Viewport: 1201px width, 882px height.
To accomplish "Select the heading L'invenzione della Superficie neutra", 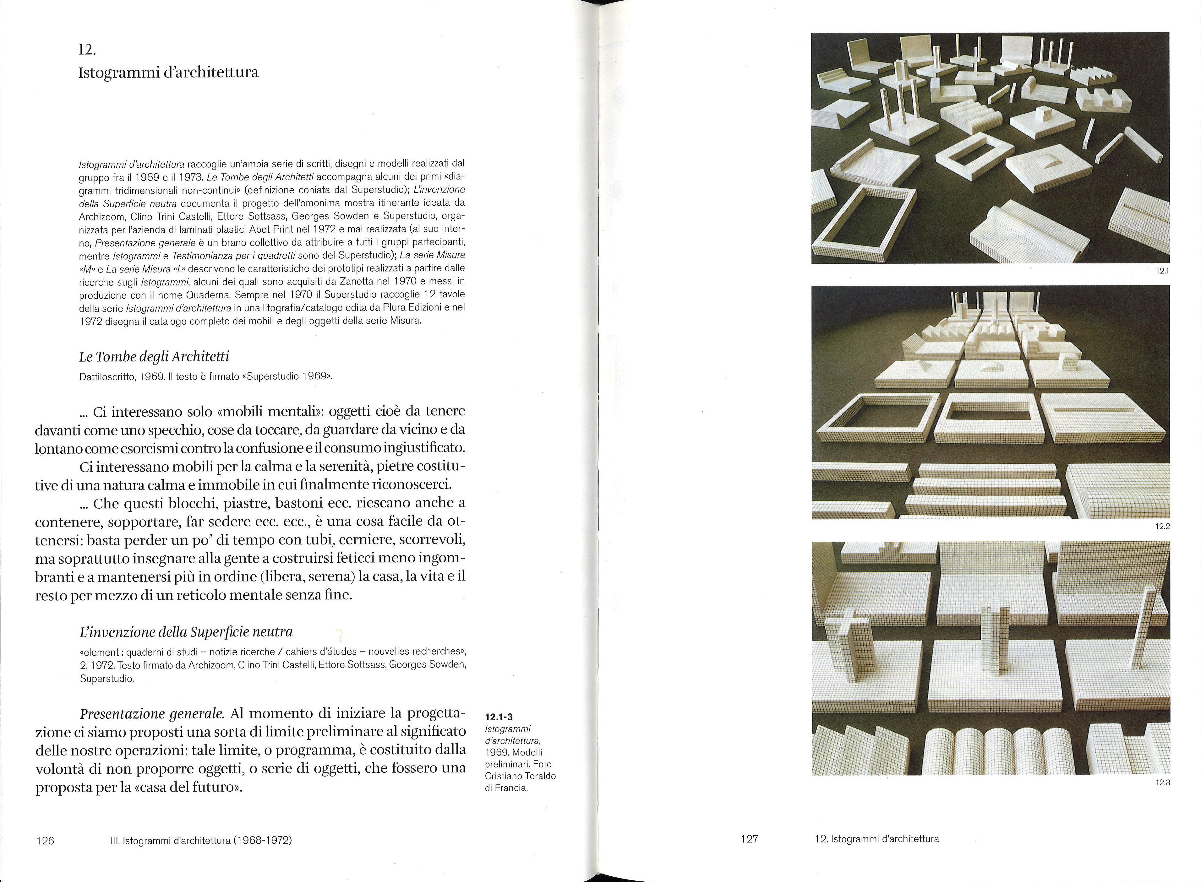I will pos(186,632).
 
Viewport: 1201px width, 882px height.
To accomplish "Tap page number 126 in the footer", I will pos(45,841).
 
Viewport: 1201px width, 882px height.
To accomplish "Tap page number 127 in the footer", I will pos(749,839).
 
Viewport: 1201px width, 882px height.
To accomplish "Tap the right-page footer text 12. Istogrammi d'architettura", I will pos(877,839).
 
